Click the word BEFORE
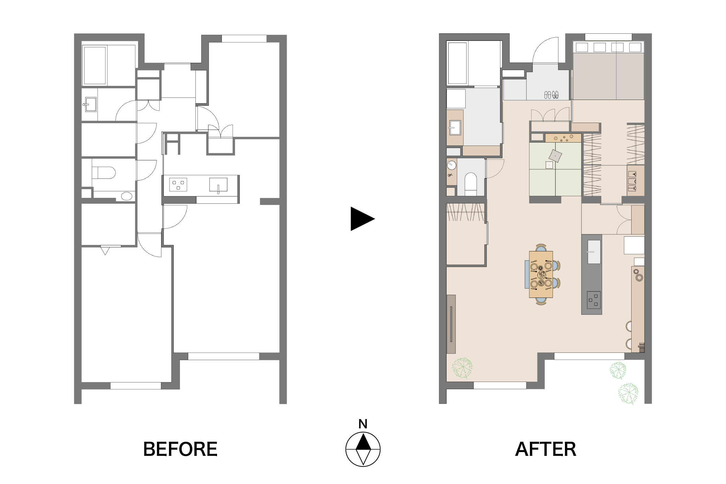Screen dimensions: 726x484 pos(180,449)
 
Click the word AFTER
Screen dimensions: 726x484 pos(546,449)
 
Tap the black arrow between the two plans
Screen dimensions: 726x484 pos(362,219)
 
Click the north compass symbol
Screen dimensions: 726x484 pos(363,449)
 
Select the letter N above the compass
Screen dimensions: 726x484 pos(363,424)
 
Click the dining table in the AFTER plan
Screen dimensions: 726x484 pos(541,274)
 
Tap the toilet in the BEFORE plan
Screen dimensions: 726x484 pos(103,173)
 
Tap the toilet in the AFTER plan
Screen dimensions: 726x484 pos(470,184)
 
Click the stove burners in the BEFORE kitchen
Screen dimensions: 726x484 pos(178,184)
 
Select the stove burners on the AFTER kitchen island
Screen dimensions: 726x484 pos(593,300)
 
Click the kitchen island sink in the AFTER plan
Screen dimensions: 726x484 pos(594,251)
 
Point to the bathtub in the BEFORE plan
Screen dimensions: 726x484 pos(95,65)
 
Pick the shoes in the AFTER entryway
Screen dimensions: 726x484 pos(551,94)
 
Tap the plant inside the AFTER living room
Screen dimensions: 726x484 pos(462,368)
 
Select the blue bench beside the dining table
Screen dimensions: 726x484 pos(527,274)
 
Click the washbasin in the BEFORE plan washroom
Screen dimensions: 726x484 pos(91,104)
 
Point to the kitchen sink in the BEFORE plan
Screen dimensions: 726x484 pos(218,185)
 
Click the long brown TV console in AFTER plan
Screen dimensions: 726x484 pos(451,324)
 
